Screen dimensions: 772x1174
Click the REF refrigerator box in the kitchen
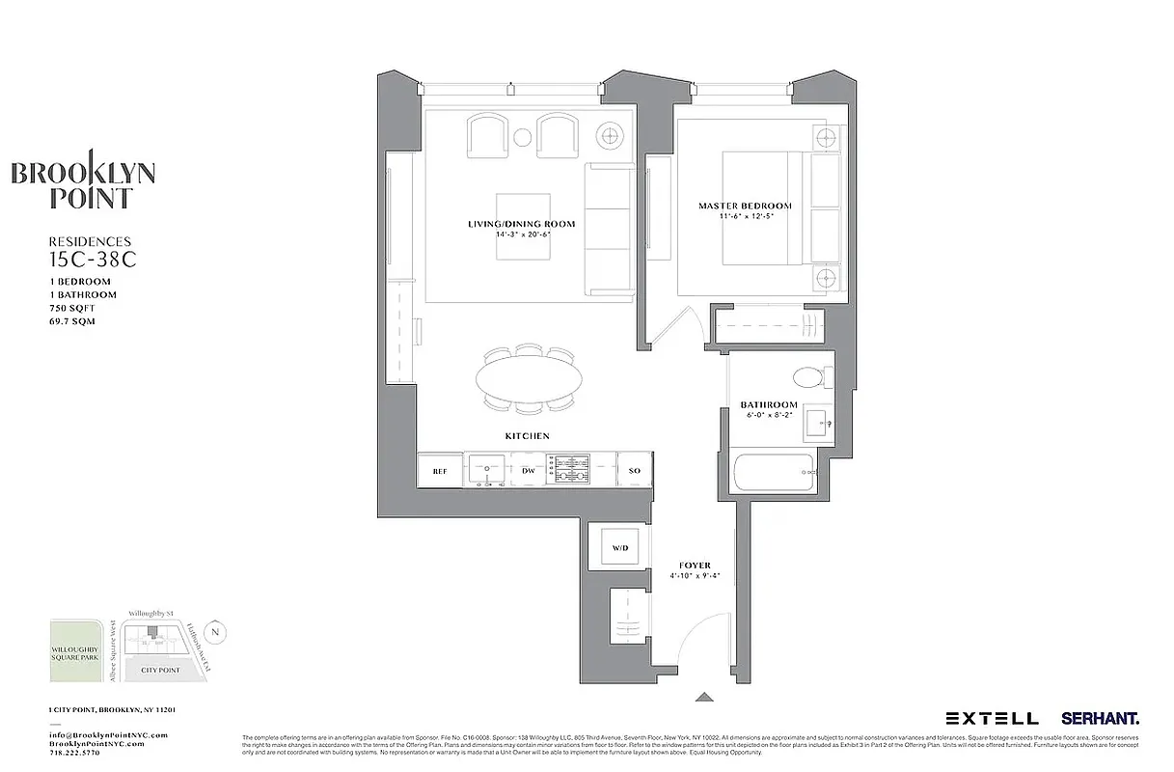click(440, 471)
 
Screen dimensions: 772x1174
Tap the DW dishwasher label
click(528, 471)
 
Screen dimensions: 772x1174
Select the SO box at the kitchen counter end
click(635, 471)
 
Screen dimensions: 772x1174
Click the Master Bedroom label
click(745, 206)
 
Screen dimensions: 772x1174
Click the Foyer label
click(695, 565)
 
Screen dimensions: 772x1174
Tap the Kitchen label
click(528, 436)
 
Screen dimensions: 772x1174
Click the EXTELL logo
click(992, 718)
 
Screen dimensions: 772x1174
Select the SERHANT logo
click(1100, 718)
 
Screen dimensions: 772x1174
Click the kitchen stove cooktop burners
click(567, 470)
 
